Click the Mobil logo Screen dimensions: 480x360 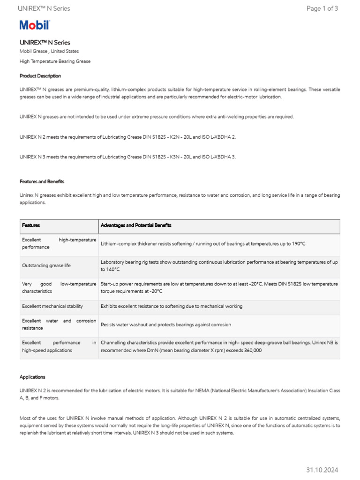tap(34, 25)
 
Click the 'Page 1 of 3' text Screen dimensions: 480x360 tap(322, 8)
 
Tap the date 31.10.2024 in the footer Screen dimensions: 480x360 tap(322, 470)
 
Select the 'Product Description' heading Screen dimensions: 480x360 tap(40, 76)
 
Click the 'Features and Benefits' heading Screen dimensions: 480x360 tap(42, 181)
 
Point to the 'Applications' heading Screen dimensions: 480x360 tap(32, 377)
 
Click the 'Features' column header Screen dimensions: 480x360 tap(31, 225)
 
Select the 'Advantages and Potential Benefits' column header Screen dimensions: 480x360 tap(136, 225)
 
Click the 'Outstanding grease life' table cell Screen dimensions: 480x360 tap(46, 265)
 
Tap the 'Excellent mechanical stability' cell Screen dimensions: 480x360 tap(52, 306)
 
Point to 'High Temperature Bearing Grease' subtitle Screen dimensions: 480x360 tap(55, 61)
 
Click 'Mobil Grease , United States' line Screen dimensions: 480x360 tap(49, 51)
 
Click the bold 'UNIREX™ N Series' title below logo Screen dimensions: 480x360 tap(45, 42)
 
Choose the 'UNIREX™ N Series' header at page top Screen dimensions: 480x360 tap(44, 8)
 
